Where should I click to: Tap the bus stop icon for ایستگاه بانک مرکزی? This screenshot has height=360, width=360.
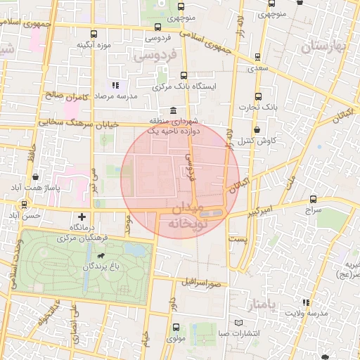184,76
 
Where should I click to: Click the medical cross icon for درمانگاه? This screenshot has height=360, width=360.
83,217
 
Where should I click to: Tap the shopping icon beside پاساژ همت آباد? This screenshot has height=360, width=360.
34,177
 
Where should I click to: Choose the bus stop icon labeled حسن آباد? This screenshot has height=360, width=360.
25,205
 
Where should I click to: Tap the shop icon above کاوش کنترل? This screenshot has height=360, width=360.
259,129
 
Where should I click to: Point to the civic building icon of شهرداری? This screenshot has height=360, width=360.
174,111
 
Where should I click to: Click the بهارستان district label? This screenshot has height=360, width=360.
324,46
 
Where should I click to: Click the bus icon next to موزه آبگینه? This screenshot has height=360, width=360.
94,33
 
